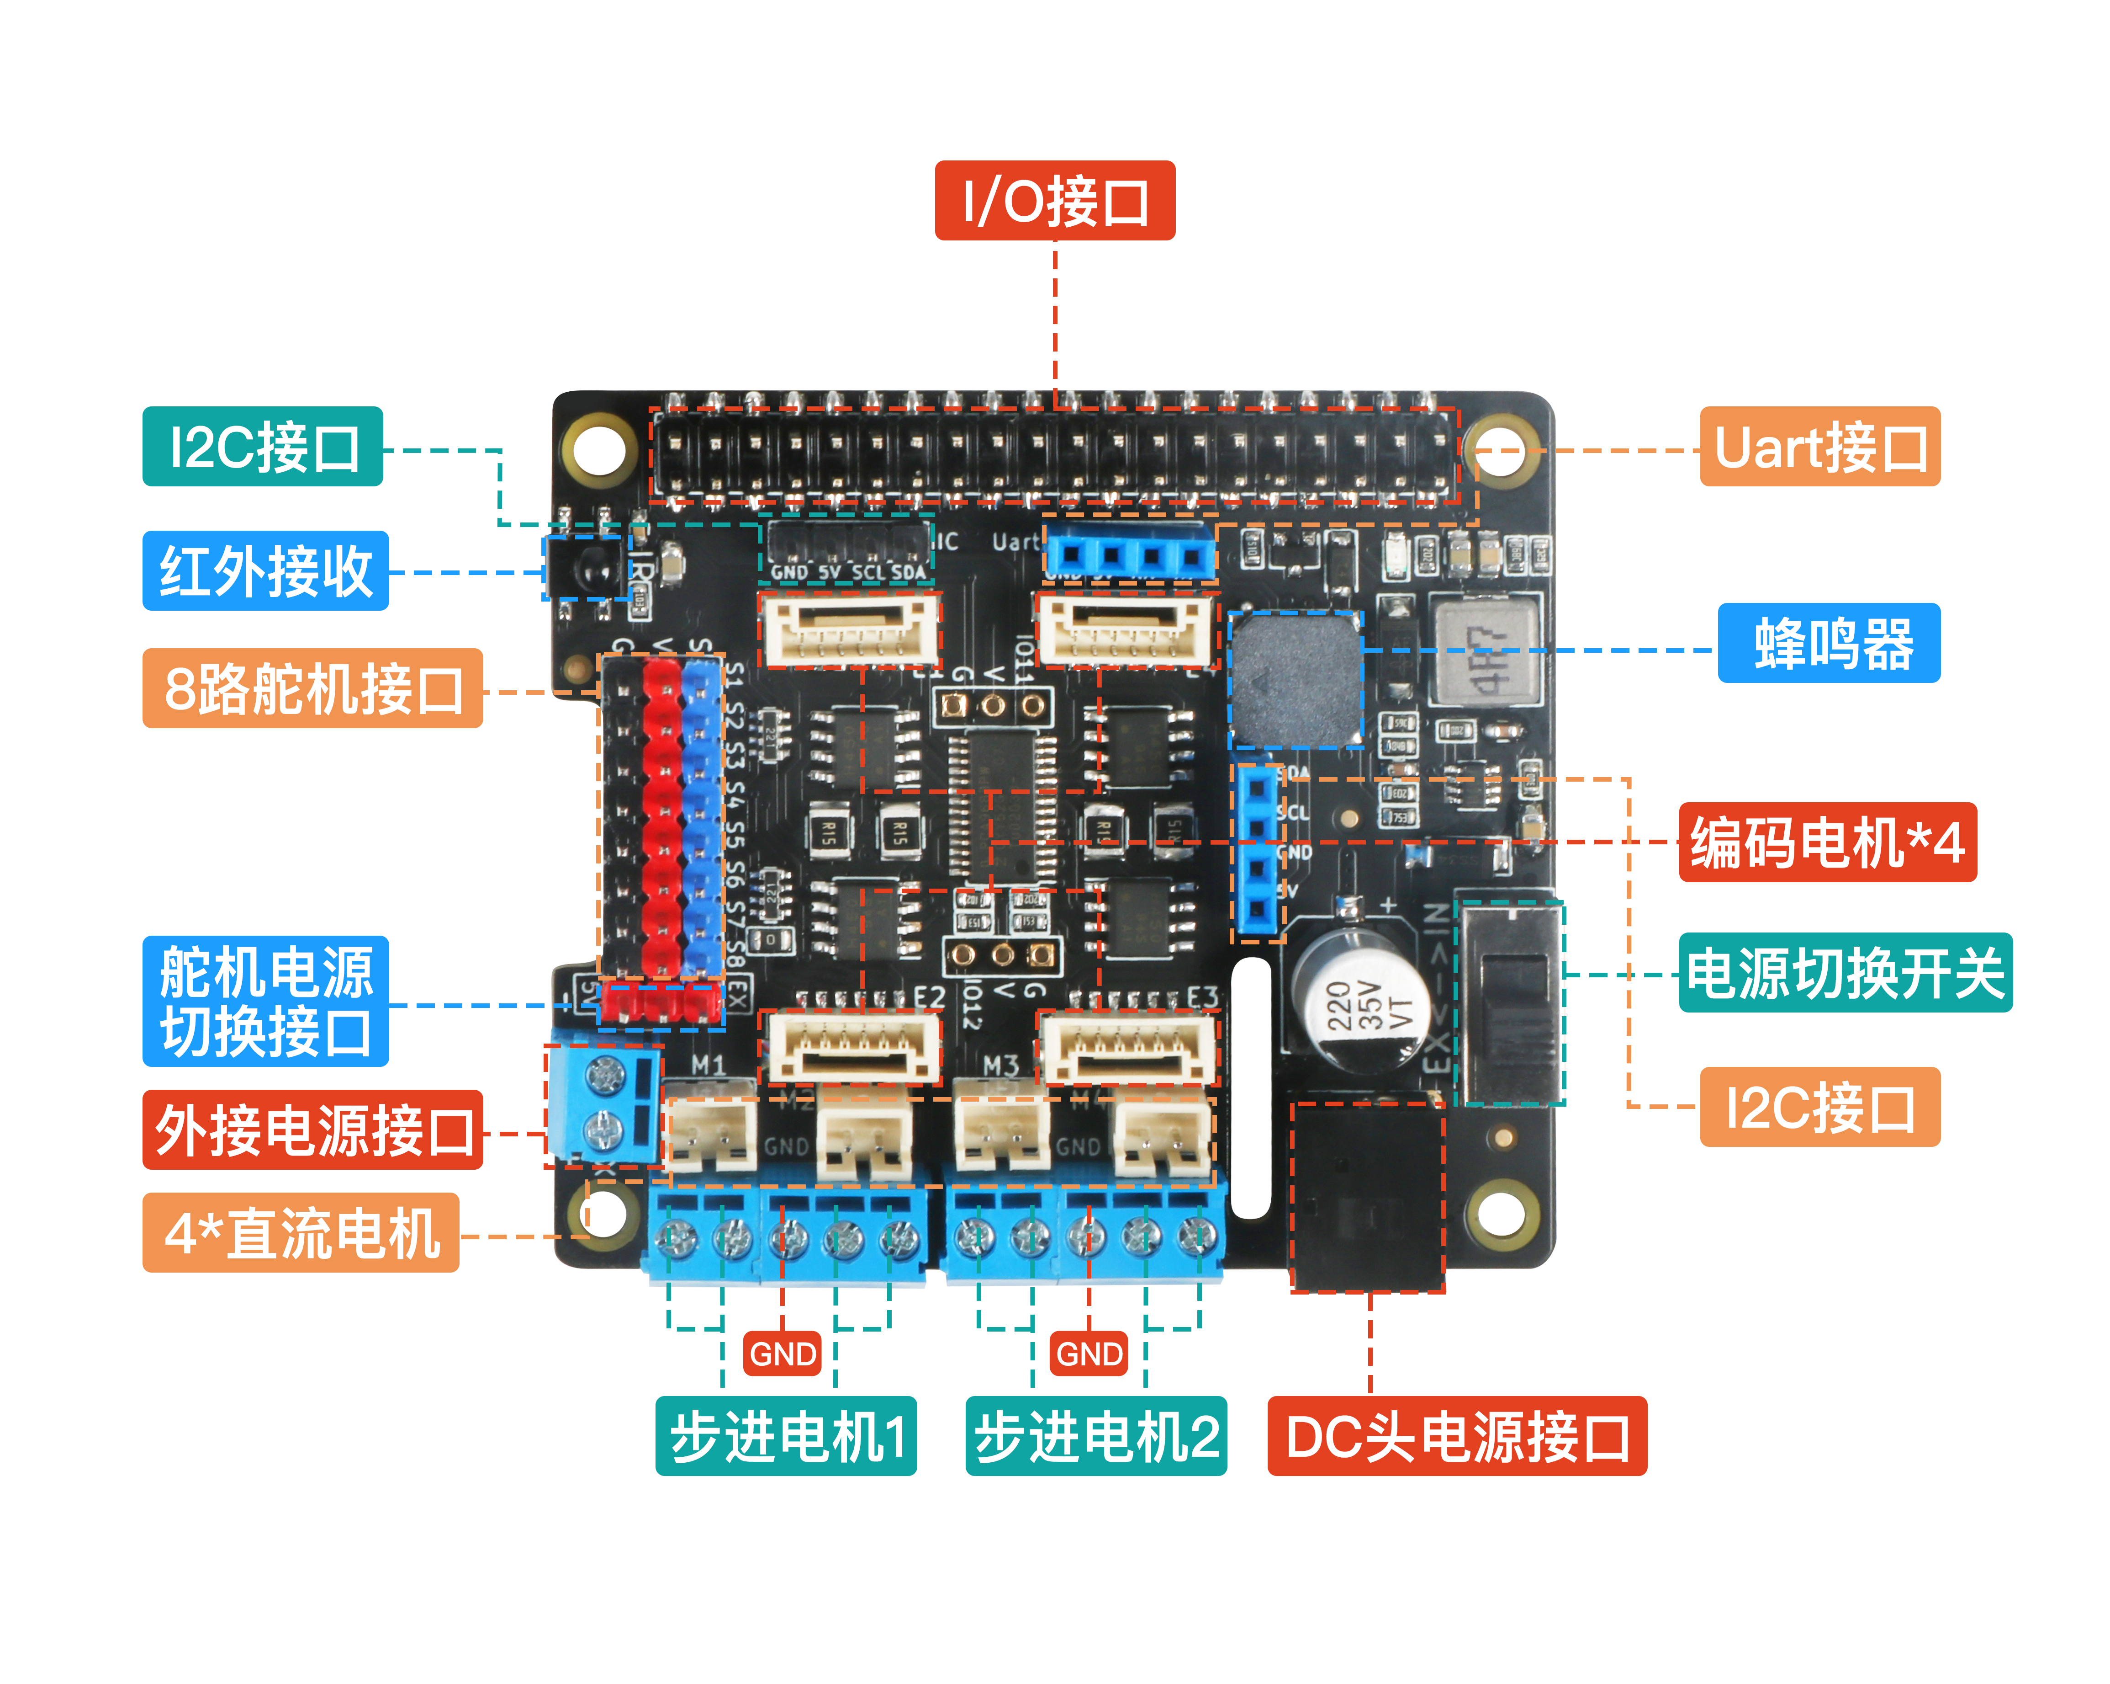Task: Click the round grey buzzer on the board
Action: (1295, 679)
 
